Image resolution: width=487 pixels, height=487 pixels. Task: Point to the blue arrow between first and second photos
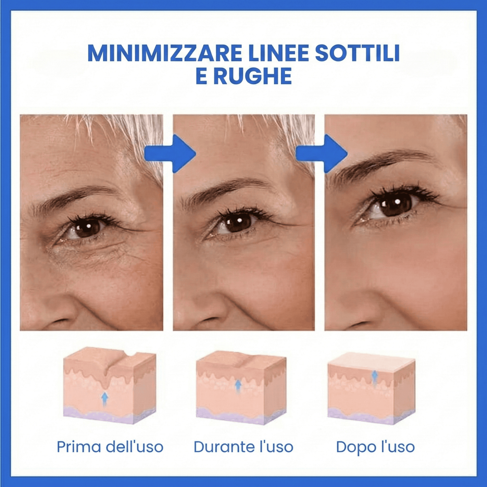tap(170, 154)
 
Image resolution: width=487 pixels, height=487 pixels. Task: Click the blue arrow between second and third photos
tap(322, 154)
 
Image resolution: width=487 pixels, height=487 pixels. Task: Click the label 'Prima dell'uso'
tap(110, 447)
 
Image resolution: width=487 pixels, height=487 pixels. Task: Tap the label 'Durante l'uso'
tap(243, 447)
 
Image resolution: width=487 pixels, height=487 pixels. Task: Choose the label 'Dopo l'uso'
tap(375, 447)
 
